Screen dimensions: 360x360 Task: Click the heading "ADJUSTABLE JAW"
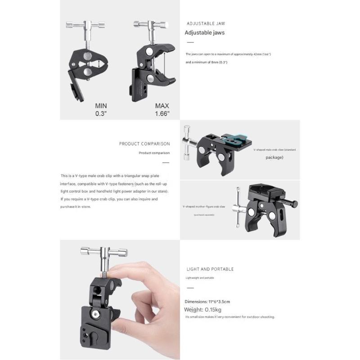click(x=206, y=23)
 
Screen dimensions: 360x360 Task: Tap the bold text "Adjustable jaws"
click(x=205, y=32)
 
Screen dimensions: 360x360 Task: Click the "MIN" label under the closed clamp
click(x=101, y=106)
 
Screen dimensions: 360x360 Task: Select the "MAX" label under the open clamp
click(x=162, y=106)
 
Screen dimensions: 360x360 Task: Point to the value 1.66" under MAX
click(x=162, y=114)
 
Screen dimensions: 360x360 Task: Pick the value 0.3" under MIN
click(x=101, y=114)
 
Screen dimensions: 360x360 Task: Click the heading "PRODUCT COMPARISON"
click(x=144, y=144)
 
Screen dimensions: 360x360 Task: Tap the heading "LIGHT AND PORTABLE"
click(x=210, y=269)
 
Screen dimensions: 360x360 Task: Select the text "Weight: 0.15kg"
click(x=203, y=310)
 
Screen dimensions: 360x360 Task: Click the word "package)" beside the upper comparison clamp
click(x=274, y=158)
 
